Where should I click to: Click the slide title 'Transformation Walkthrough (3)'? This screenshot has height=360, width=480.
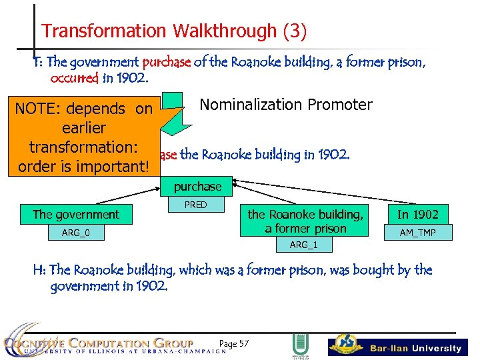click(174, 31)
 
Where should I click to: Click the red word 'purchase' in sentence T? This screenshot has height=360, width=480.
click(167, 63)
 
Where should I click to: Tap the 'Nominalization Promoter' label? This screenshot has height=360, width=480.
click(285, 105)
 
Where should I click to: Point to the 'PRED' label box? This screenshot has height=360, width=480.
click(195, 205)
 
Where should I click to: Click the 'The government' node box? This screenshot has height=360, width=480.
click(76, 214)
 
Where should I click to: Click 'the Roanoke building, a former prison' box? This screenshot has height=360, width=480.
click(306, 221)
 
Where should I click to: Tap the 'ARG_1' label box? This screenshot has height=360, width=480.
click(303, 245)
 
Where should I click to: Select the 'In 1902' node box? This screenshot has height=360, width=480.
click(417, 214)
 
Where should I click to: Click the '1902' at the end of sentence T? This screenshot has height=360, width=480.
click(132, 78)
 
